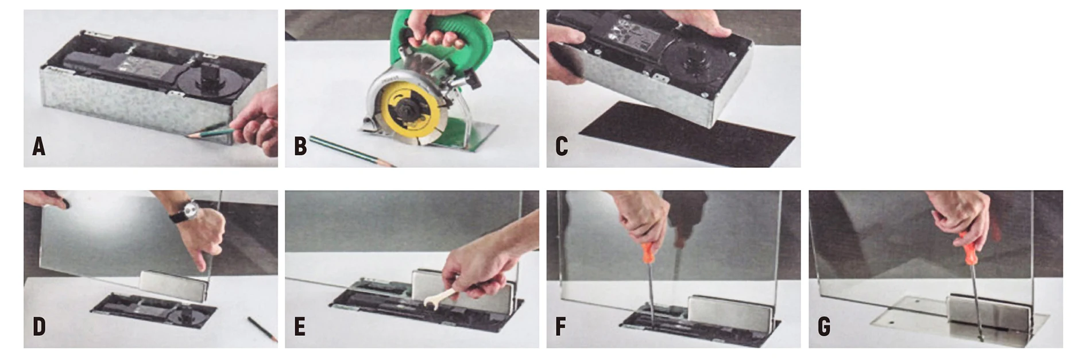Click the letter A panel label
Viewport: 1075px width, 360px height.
[38, 146]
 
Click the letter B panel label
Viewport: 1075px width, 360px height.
[300, 146]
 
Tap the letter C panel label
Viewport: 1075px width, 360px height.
[562, 146]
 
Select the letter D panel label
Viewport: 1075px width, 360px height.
[38, 327]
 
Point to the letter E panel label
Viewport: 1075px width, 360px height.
[299, 327]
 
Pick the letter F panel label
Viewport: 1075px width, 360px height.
[560, 327]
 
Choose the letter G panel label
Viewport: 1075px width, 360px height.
[823, 327]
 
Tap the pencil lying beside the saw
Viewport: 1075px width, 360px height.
[351, 151]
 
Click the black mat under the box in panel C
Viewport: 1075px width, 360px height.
[686, 134]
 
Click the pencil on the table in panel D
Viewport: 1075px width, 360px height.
[262, 328]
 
